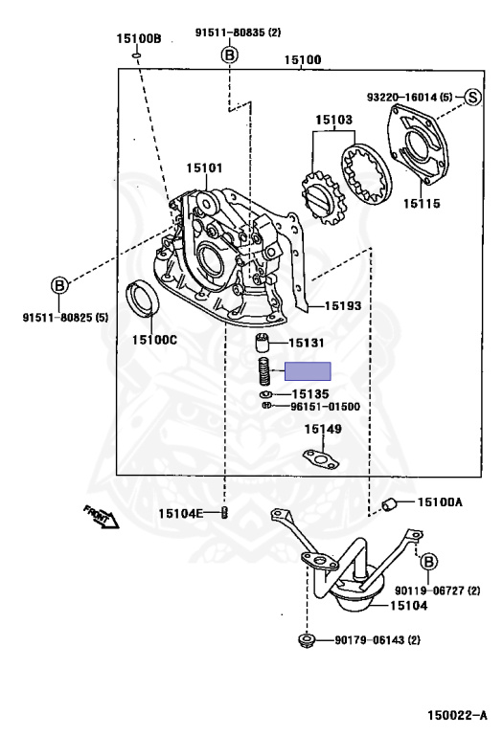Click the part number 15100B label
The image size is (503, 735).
coord(139,39)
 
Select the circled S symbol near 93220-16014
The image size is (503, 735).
coord(472,96)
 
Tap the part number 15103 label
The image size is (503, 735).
coord(335,121)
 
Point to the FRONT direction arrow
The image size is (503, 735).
coord(100,517)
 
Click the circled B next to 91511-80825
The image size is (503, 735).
coord(59,285)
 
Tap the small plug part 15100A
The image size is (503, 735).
coord(390,504)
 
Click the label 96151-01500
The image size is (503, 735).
coord(325,406)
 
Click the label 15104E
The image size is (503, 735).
coord(182,513)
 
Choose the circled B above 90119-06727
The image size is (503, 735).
coord(428,560)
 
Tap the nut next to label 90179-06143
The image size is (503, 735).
coord(307,639)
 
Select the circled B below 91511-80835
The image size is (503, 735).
coord(228,55)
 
